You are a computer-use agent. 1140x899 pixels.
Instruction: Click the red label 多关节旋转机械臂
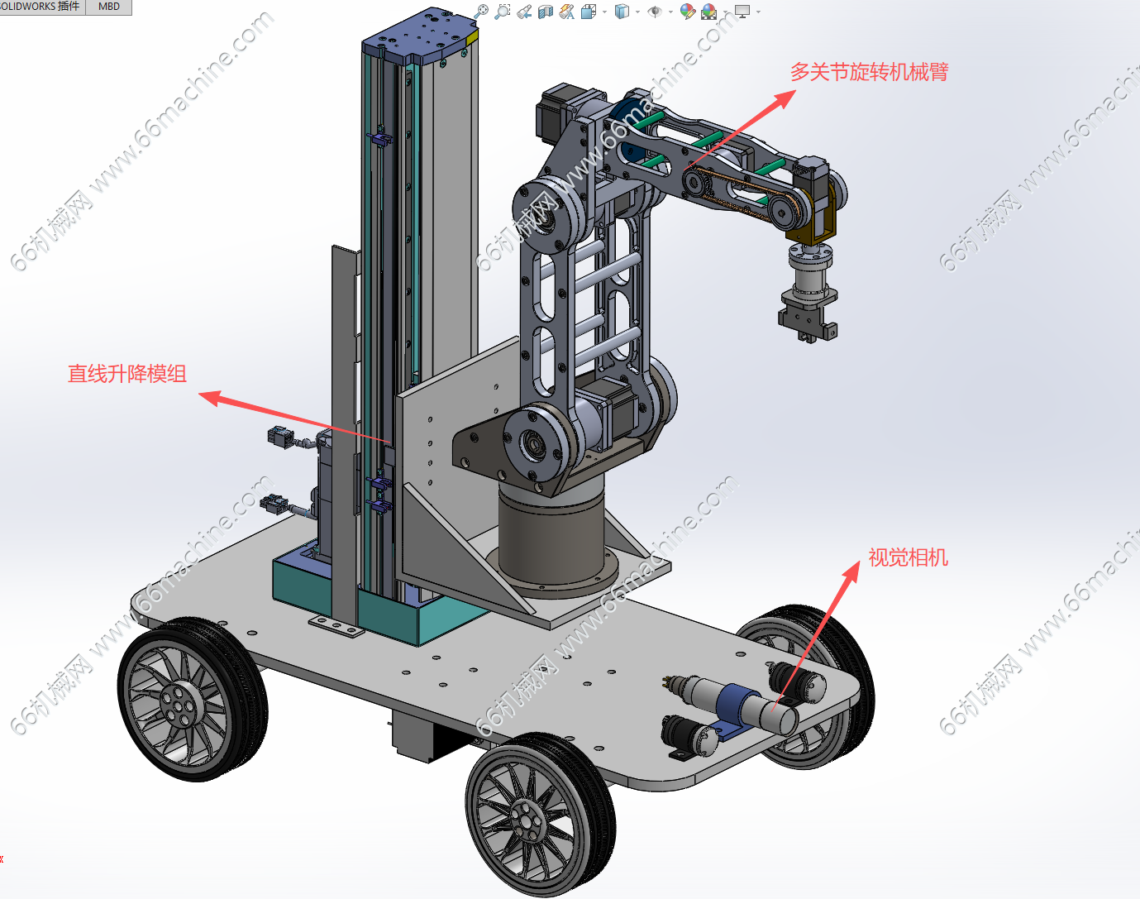tap(870, 72)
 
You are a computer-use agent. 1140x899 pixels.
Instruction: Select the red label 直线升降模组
tap(127, 374)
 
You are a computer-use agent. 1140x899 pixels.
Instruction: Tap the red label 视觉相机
tap(908, 557)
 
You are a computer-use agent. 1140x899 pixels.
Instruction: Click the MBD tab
tap(108, 7)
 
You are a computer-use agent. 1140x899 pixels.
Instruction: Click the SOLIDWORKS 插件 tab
tap(41, 7)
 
